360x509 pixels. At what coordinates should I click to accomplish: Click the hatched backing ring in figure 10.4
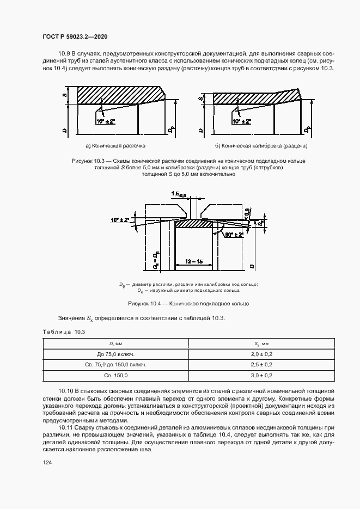pyautogui.click(x=193, y=223)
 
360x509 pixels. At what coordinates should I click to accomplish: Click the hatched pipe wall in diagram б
pyautogui.click(x=251, y=98)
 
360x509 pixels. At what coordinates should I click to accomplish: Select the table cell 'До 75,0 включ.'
pyautogui.click(x=116, y=353)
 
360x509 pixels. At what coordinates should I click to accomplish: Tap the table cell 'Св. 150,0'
pyautogui.click(x=116, y=376)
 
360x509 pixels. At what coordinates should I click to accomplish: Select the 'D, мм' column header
pyautogui.click(x=116, y=343)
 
